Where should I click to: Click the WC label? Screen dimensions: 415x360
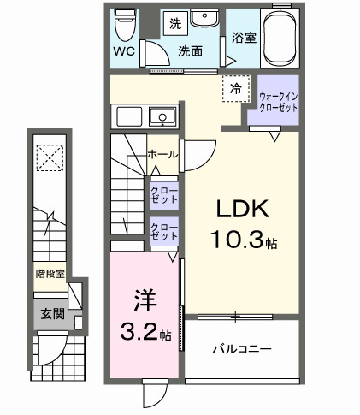tap(124, 50)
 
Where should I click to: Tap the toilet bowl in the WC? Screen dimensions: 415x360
tap(126, 23)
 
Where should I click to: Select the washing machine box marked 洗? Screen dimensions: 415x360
tap(174, 21)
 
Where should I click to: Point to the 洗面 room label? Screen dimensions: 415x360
tap(190, 51)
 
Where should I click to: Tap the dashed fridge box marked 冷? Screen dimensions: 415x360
tap(233, 87)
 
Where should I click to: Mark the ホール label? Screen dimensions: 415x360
tap(162, 154)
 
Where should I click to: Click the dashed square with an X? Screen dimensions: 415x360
tap(49, 156)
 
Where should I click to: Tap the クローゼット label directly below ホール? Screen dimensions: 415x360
tap(163, 193)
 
